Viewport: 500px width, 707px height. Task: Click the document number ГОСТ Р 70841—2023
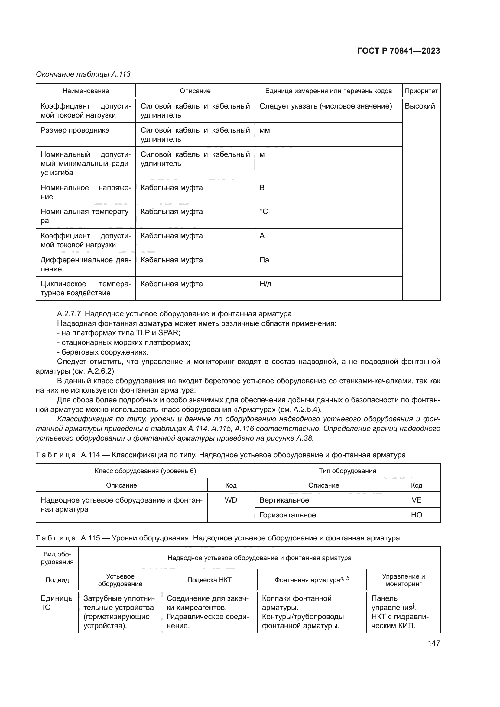(x=398, y=51)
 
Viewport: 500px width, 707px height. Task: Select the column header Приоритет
(x=421, y=91)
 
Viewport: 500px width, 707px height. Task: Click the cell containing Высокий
(x=420, y=106)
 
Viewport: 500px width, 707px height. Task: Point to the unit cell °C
(x=264, y=212)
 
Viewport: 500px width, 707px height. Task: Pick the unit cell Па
(x=264, y=260)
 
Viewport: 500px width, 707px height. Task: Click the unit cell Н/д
(x=265, y=284)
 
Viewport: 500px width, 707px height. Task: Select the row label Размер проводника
(x=75, y=130)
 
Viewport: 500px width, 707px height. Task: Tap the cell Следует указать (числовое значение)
(x=326, y=106)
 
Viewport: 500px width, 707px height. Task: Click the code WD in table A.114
(x=231, y=500)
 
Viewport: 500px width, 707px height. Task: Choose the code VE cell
(x=416, y=500)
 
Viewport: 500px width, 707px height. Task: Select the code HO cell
(x=416, y=515)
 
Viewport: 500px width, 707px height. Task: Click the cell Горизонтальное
(x=287, y=515)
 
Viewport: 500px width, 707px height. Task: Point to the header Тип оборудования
(x=347, y=471)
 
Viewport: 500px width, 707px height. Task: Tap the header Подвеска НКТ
(x=209, y=580)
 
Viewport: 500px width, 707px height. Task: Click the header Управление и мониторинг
(x=403, y=580)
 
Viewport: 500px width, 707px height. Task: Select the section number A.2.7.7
(x=69, y=314)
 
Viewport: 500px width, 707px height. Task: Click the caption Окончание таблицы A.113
(x=83, y=74)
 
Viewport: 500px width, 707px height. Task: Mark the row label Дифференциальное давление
(x=86, y=264)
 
